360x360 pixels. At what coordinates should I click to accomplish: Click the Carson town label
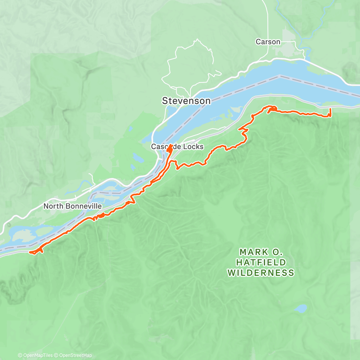point(268,42)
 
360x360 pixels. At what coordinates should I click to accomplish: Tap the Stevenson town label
point(186,101)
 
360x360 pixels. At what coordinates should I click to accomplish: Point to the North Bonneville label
point(72,206)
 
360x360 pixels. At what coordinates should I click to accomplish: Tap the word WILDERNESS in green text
point(261,273)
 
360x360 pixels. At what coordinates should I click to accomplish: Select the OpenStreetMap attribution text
point(76,355)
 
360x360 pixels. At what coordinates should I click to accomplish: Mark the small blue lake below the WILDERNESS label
point(301,309)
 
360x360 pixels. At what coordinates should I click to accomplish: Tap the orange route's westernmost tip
point(30,252)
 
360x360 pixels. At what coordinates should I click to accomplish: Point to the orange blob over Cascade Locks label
point(169,148)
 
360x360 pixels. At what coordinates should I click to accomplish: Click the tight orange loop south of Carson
point(272,108)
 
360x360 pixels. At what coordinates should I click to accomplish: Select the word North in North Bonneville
point(52,206)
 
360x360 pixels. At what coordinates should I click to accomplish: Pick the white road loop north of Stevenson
point(187,65)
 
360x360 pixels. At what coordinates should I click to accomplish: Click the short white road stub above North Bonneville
point(91,177)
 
